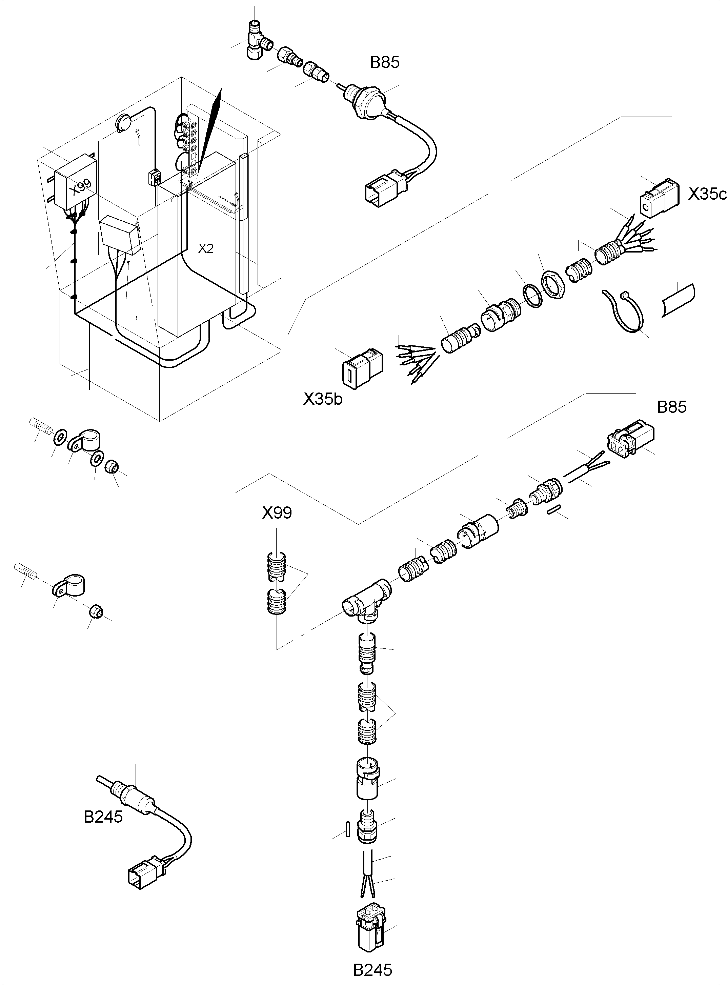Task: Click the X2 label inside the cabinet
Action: click(x=205, y=249)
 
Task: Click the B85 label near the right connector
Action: click(x=671, y=407)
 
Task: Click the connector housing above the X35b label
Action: click(x=362, y=369)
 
